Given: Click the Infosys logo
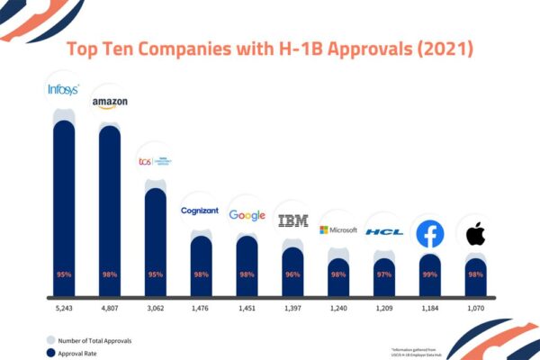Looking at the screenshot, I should click(64, 88).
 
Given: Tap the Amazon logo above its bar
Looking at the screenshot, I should click(110, 103).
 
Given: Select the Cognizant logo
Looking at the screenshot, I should click(200, 211).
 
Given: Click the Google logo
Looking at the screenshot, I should click(247, 215).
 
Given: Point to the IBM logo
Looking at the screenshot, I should click(293, 220).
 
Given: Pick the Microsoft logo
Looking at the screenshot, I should click(338, 230).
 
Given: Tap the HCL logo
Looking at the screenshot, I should click(384, 231).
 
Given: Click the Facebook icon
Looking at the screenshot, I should click(430, 234).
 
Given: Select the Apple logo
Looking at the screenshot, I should click(476, 236).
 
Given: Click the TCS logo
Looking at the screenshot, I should click(155, 160).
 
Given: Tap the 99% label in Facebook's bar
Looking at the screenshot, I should click(430, 274).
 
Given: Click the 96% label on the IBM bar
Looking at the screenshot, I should click(293, 274).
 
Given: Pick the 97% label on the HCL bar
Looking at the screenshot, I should click(384, 274).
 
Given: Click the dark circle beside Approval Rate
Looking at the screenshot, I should click(51, 354).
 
